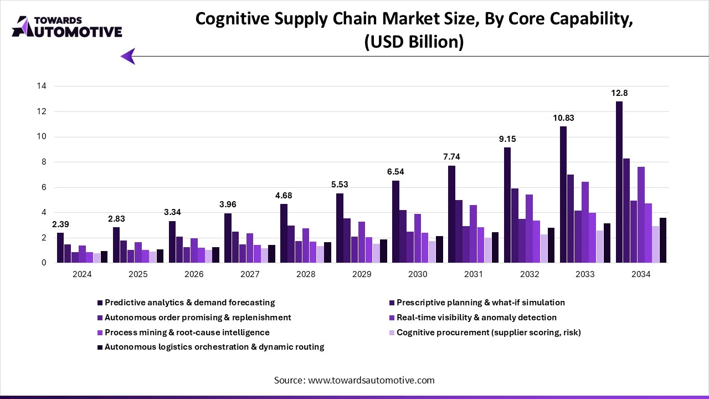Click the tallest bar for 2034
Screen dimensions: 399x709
(619, 182)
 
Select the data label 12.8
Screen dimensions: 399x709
(619, 93)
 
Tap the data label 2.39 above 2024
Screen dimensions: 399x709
(60, 224)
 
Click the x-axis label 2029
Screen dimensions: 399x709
(361, 274)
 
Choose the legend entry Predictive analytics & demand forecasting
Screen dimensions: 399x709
(189, 303)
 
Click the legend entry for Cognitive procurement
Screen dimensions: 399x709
(489, 332)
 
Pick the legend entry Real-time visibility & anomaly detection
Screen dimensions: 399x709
(476, 318)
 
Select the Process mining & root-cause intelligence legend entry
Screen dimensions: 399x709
(187, 332)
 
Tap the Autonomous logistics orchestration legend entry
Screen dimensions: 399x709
(214, 347)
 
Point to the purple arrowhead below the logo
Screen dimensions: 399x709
(128, 56)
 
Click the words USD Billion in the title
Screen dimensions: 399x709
(413, 42)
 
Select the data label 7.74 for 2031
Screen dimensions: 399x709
(451, 157)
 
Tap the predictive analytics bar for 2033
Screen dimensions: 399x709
(563, 195)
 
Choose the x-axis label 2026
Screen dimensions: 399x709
(194, 274)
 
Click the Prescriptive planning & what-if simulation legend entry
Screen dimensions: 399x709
(480, 303)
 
